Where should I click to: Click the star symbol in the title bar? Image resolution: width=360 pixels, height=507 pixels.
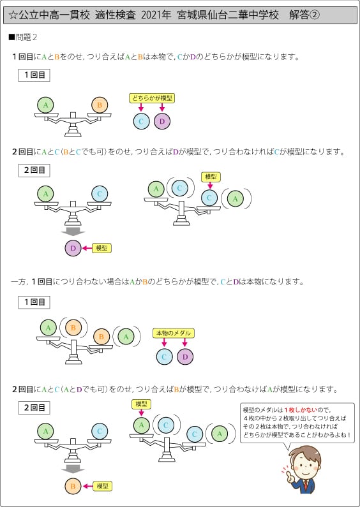pos(12,16)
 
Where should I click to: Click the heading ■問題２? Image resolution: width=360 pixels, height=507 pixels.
pos(23,38)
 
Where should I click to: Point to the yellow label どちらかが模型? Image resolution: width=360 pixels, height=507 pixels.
pos(152,98)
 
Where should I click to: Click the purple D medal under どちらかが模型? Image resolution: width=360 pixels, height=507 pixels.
pos(162,121)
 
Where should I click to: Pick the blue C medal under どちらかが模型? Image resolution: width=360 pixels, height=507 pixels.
pos(142,121)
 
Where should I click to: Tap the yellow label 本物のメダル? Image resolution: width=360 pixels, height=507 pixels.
pos(173,333)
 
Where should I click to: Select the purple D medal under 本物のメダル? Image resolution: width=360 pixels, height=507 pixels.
pos(185,356)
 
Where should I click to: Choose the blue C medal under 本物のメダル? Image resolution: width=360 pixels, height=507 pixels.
pos(165,356)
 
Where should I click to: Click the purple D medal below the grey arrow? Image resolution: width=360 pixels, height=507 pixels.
pos(73,248)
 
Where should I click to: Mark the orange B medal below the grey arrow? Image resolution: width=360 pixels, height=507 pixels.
pos(73,486)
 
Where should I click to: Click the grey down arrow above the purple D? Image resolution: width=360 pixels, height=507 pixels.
pos(73,232)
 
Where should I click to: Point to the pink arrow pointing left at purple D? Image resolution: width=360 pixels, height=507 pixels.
pos(87,248)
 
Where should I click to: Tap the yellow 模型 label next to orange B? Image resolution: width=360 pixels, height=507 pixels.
pos(102,486)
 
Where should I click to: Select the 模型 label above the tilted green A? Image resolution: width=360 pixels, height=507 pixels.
pos(142,404)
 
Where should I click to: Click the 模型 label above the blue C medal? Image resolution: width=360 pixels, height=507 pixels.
pos(211,177)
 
